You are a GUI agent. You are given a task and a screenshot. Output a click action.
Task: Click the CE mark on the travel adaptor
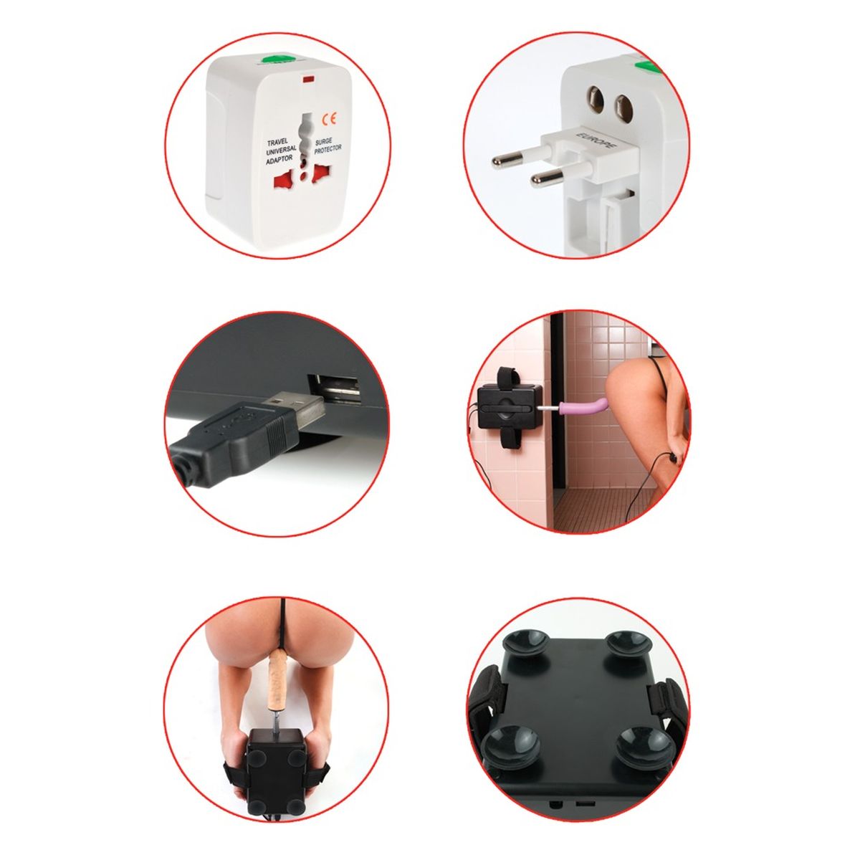coord(330,119)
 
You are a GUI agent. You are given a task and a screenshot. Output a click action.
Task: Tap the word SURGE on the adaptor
coord(325,142)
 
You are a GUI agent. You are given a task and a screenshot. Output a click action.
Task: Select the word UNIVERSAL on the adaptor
coord(281,150)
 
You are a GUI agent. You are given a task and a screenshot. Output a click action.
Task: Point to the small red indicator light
coord(308,80)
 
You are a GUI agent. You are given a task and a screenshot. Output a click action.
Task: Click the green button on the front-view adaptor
coord(276,59)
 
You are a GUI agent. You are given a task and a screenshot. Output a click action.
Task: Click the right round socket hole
coord(623,105)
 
